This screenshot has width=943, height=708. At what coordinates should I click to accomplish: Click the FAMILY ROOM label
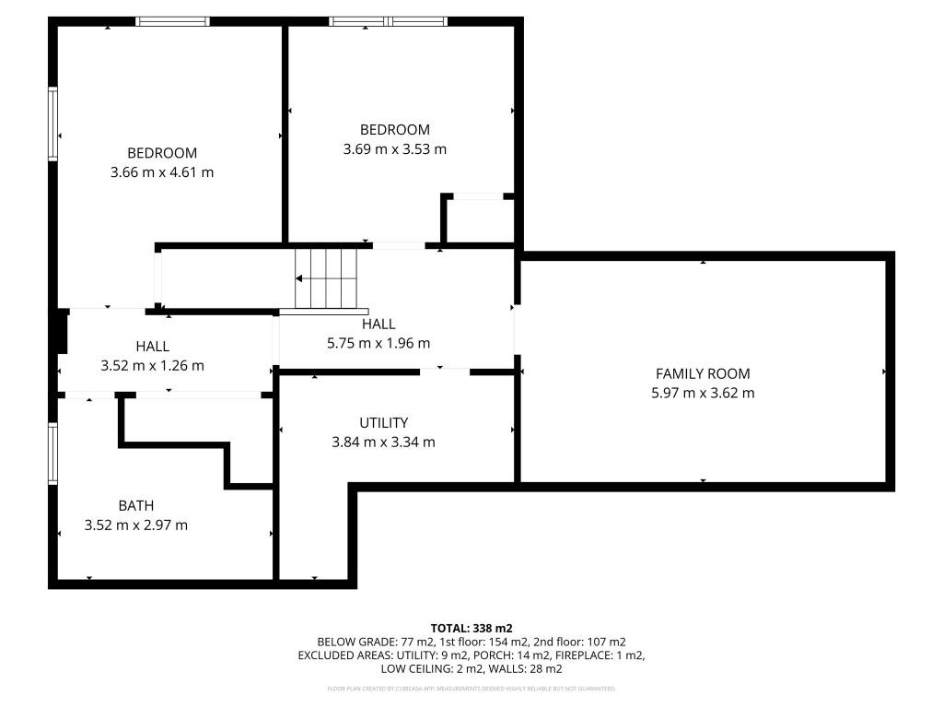point(702,373)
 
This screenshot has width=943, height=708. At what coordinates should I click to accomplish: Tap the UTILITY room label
point(383,422)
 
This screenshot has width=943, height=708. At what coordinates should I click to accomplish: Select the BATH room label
point(135,505)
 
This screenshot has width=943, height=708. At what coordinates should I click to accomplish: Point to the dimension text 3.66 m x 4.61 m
point(162,172)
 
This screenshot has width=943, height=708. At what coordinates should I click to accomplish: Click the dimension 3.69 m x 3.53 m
point(394,149)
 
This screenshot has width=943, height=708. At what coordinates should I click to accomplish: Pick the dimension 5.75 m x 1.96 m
point(378,344)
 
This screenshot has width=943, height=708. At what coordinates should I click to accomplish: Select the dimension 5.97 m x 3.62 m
point(702,393)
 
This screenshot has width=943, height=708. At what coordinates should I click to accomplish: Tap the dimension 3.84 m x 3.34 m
point(383,442)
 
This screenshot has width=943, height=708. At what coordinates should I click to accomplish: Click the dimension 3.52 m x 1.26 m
point(152,366)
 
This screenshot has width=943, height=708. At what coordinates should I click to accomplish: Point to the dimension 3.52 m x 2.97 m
point(135,525)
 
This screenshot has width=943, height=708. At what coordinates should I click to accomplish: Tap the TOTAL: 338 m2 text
point(471,628)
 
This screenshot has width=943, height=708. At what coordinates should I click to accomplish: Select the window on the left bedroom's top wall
point(173,21)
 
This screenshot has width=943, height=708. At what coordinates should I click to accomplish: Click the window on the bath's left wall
point(53,454)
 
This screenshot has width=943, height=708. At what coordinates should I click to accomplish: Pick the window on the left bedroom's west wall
point(53,124)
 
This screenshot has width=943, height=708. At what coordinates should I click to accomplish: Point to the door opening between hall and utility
point(444,372)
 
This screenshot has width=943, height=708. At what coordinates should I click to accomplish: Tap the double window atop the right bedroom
point(389,21)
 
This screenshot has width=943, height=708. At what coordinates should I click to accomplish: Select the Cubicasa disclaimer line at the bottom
point(471,689)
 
